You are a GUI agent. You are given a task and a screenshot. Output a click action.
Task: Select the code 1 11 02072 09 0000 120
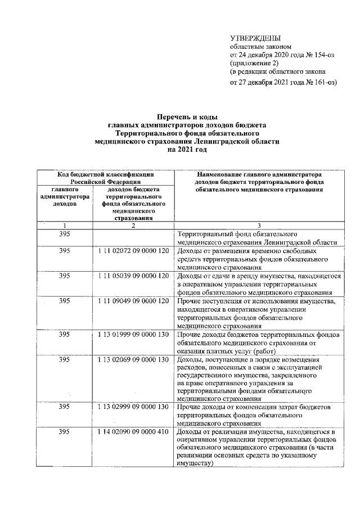tap(133, 250)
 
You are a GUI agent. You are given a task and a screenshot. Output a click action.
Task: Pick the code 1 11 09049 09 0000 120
tap(133, 301)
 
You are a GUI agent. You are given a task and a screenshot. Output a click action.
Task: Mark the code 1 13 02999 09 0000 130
tap(133, 406)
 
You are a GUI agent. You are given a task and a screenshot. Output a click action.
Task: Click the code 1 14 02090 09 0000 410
tap(133, 431)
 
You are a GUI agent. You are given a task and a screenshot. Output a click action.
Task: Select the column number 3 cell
tap(258, 225)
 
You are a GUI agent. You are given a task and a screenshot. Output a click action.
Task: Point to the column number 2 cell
tap(133, 225)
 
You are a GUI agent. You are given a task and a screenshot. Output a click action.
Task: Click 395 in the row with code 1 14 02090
tap(65, 431)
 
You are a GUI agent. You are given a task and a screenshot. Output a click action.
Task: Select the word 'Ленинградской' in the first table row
tap(300, 242)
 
